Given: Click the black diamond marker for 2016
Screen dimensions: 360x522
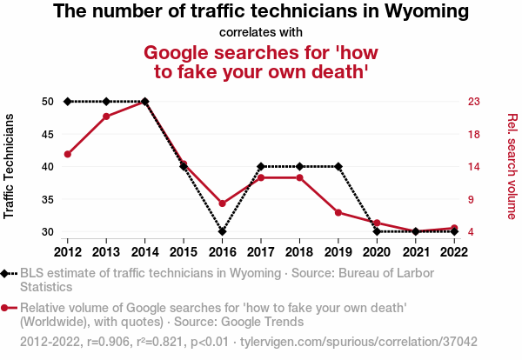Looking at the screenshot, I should click(222, 232).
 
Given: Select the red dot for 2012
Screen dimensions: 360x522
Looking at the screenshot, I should click(68, 154).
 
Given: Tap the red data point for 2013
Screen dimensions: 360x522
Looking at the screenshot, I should click(106, 116).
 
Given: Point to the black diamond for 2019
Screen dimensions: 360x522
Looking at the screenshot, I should click(338, 166).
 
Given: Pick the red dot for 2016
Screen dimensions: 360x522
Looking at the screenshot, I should click(222, 203).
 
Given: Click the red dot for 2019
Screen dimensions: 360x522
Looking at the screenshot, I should click(338, 212).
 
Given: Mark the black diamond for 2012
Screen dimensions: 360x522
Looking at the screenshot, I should click(68, 102).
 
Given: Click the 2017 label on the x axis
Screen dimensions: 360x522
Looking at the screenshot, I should click(260, 251).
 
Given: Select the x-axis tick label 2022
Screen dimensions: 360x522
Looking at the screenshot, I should click(453, 251).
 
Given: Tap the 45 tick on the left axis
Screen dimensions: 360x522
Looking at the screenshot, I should click(48, 134).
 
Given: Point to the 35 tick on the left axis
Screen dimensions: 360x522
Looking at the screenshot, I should click(48, 200).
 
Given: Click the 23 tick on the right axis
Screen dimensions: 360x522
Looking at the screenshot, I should click(474, 102).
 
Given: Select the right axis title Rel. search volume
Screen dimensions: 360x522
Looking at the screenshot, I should click(511, 166).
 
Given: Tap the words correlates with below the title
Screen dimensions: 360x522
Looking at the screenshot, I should click(261, 33).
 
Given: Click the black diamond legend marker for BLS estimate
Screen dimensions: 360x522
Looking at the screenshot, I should click(8, 273).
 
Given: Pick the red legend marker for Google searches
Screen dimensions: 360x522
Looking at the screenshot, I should click(8, 307).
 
